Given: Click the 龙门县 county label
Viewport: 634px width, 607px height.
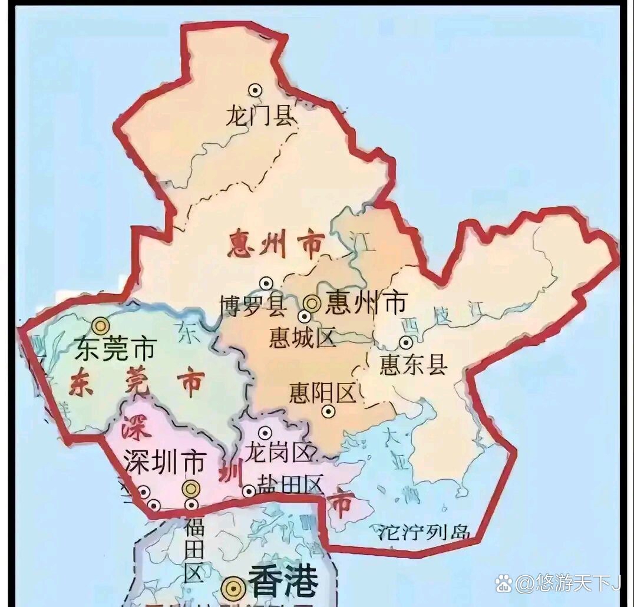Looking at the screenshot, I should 259,117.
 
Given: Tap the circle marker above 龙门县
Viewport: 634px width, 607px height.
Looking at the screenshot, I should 255,90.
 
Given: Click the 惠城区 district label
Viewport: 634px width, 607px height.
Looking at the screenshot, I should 302,338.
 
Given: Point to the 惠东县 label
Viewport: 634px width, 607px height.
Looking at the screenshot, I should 414,365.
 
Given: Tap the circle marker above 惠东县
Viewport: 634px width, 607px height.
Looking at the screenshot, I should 406,342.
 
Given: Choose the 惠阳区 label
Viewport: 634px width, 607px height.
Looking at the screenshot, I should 323,393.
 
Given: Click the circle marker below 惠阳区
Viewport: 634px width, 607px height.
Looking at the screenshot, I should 328,413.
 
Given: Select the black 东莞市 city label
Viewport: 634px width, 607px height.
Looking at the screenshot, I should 115,350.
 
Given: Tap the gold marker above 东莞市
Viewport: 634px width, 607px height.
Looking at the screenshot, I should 101,325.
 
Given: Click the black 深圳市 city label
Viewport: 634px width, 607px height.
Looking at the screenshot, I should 164,461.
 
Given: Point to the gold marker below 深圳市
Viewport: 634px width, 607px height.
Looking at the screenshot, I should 190,488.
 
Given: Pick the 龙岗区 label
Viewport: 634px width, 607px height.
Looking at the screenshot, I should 278,453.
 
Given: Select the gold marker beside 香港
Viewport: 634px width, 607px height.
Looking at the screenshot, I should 235,588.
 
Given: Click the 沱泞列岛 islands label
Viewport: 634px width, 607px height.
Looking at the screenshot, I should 424,532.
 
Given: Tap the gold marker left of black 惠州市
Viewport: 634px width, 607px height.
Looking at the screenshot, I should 312,303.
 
